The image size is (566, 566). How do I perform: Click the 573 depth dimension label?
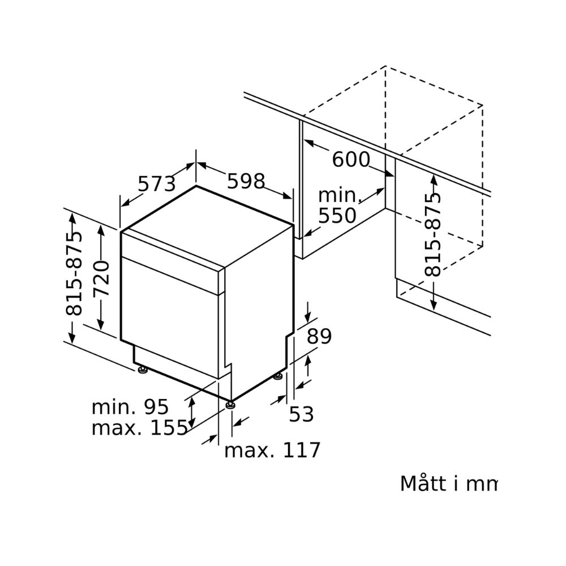point(157,184)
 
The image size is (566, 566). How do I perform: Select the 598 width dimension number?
point(246,181)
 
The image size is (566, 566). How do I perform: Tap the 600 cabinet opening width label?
point(350,160)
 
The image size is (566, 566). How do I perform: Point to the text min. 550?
point(338,205)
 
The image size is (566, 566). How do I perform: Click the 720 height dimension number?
point(102,278)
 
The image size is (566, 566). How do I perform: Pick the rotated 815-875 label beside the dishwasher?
point(74,273)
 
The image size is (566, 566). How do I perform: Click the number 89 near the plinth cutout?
point(319,337)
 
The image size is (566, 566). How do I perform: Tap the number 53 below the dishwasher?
point(301,414)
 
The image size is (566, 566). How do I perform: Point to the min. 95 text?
point(130,406)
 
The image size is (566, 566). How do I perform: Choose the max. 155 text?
point(139,428)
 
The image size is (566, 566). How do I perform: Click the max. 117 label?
point(272,451)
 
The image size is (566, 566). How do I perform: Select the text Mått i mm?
point(448,484)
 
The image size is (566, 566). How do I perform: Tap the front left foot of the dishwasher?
point(142,371)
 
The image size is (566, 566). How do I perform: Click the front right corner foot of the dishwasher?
point(230,405)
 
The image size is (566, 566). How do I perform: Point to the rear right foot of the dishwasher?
point(278,376)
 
